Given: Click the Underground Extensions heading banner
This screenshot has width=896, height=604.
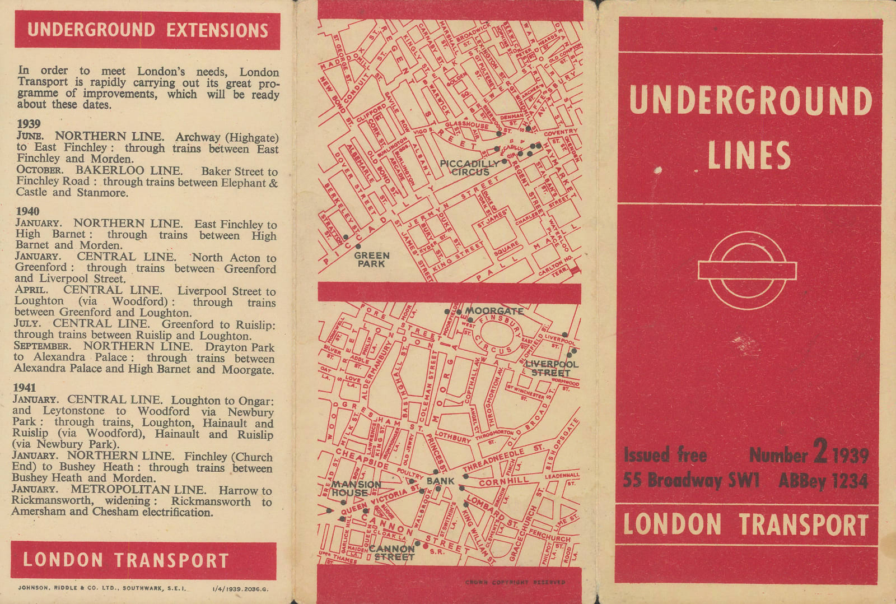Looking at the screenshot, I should point(147,30).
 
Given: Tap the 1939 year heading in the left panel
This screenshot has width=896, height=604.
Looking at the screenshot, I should point(29,124).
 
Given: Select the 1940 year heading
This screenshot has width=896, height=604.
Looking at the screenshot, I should point(28,211).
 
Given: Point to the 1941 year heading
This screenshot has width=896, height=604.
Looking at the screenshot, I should point(25,388).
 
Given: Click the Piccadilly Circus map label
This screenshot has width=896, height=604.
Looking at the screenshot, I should point(469,168).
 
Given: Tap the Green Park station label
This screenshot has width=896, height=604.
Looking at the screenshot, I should point(371,259).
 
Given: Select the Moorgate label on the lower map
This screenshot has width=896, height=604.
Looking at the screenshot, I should point(494,311).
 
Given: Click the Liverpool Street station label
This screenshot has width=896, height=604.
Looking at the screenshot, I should point(551,369).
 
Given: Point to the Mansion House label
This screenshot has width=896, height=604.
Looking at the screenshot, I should point(356,489).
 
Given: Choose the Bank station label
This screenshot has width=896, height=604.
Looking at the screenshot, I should point(441,481).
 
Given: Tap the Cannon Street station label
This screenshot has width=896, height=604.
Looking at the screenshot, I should point(392,552).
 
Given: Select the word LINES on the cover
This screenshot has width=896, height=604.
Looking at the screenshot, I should point(749,155).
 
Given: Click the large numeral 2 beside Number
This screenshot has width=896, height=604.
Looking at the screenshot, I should point(820,452).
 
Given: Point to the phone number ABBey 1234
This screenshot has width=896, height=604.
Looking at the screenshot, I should point(823,481).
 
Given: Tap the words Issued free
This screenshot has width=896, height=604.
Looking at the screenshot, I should point(665,454).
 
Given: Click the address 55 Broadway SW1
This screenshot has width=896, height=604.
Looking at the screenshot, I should point(691,481).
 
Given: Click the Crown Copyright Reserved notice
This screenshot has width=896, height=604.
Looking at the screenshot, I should point(515,582).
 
